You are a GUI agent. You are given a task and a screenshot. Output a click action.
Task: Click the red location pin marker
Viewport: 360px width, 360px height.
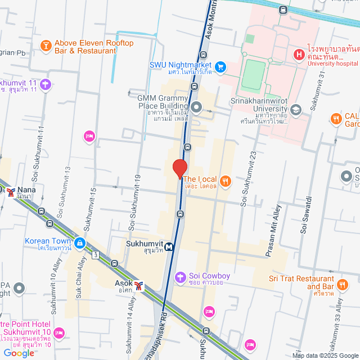coord(179,169)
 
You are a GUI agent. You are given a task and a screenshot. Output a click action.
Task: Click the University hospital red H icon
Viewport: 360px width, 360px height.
coord(299,55)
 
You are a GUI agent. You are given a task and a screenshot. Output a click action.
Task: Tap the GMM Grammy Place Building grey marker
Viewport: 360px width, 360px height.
coord(196,106)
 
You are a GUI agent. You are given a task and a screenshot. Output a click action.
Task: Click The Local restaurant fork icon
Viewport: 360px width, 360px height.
coord(225,180)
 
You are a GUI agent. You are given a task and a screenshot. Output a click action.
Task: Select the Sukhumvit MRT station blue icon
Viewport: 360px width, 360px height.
coord(169,246)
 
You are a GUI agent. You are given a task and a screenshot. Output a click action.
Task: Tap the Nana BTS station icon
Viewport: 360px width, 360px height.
coord(11,192)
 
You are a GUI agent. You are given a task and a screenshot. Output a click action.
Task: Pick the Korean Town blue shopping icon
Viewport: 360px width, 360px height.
coord(80,242)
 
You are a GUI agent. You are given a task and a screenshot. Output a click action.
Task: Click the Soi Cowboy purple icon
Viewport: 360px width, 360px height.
coord(180,276)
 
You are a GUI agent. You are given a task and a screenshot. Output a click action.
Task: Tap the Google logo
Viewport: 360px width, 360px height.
coord(18,353)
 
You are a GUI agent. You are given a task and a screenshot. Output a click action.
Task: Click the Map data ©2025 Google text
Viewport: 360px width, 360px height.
coord(325,355)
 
